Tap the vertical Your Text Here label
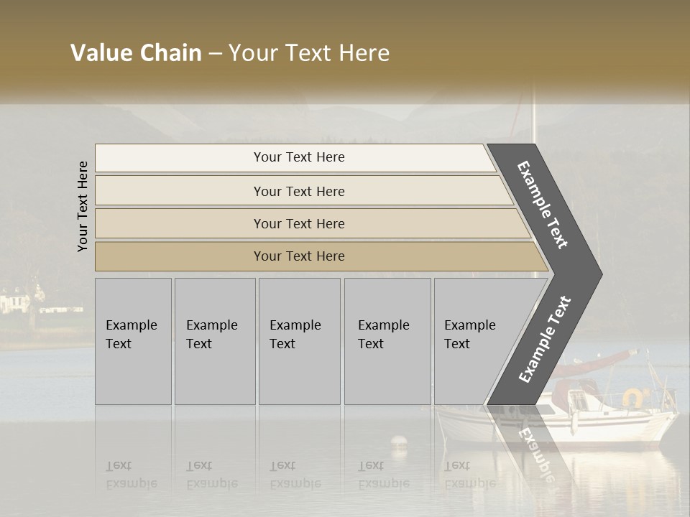83,206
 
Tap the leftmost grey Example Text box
133,341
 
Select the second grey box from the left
215,341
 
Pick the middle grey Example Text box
299,341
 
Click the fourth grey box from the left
387,341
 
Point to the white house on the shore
16,301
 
